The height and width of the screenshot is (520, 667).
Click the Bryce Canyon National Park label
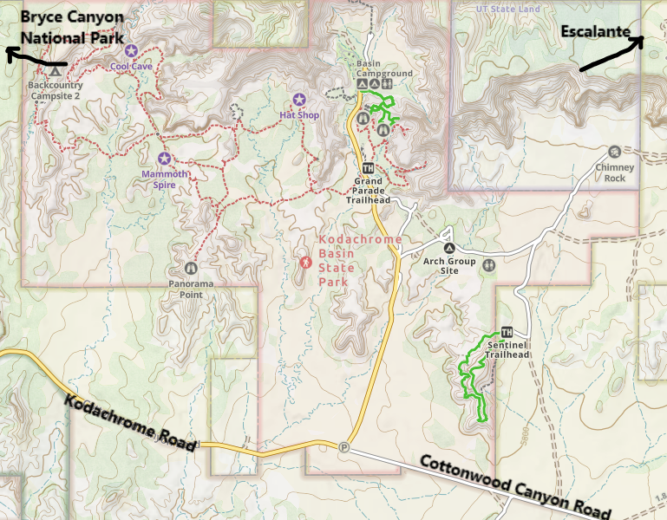point(71,28)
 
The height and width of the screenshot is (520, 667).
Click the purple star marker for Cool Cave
point(131,51)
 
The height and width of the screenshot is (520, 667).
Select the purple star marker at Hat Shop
point(299,100)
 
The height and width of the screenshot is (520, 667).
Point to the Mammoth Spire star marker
point(165,159)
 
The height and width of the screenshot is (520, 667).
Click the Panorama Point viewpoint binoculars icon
point(191,269)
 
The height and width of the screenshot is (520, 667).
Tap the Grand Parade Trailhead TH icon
point(368,168)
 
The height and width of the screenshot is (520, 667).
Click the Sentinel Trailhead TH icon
point(507,332)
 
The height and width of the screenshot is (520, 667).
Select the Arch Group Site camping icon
point(448,235)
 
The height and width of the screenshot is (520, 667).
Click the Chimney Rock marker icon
point(615,152)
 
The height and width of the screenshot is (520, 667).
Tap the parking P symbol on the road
point(344,447)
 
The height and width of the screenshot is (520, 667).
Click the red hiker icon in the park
point(304,261)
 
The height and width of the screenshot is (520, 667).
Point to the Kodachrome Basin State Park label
point(360,260)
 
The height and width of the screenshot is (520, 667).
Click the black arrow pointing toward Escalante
point(611,54)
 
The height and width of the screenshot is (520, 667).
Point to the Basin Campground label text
point(384,68)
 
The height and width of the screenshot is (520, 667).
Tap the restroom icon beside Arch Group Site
point(491,265)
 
